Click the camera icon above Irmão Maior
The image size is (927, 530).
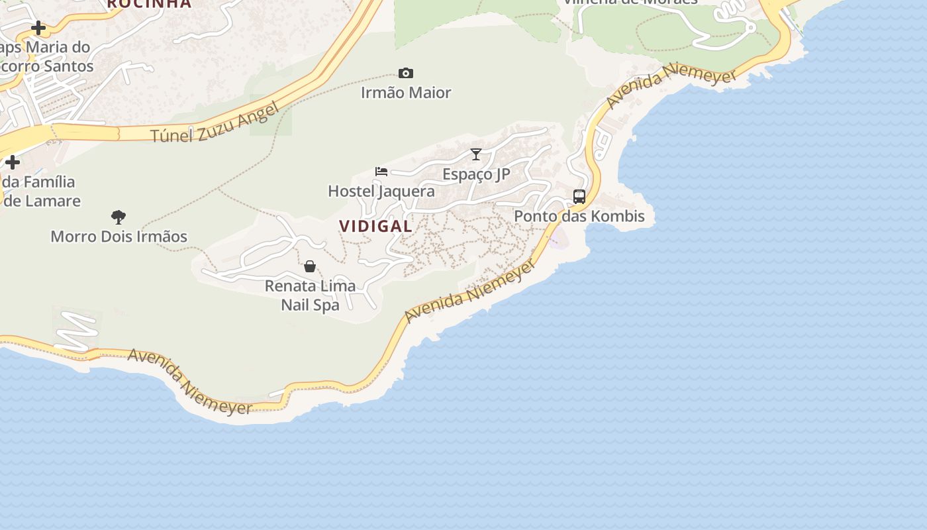tap(406, 73)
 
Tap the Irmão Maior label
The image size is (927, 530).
tap(406, 93)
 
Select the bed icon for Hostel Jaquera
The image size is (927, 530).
tap(381, 172)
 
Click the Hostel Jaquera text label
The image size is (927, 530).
tap(381, 191)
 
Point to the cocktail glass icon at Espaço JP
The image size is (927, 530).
tap(476, 154)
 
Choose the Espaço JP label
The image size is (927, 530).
tap(476, 174)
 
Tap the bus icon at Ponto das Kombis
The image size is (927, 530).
tap(579, 197)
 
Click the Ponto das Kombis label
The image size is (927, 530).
tap(579, 216)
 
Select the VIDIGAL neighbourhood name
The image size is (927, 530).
tap(375, 226)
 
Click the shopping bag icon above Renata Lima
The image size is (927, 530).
tap(310, 266)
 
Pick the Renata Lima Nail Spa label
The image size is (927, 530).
tap(310, 295)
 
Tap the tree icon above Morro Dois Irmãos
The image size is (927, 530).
tap(119, 217)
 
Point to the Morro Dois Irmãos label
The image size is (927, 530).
tap(119, 237)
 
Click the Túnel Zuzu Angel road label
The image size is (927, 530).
tap(215, 124)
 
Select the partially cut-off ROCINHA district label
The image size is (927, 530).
tap(149, 4)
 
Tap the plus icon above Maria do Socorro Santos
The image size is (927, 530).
tap(38, 28)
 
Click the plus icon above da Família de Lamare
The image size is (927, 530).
tap(12, 162)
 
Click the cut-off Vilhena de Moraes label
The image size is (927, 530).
tap(630, 2)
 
